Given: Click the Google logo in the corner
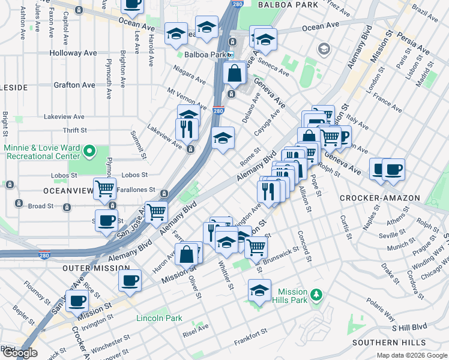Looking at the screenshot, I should click(19, 353).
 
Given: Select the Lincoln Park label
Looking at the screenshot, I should click(158, 317).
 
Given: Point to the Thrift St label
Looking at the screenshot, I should click(75, 130).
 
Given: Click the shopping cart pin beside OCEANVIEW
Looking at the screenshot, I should click(105, 188).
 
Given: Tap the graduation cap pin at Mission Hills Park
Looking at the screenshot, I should click(259, 290).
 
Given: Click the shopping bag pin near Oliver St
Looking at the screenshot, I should click(187, 254).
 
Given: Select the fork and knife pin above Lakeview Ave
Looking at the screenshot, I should click(187, 128).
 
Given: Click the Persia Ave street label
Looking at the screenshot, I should click(415, 43).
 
